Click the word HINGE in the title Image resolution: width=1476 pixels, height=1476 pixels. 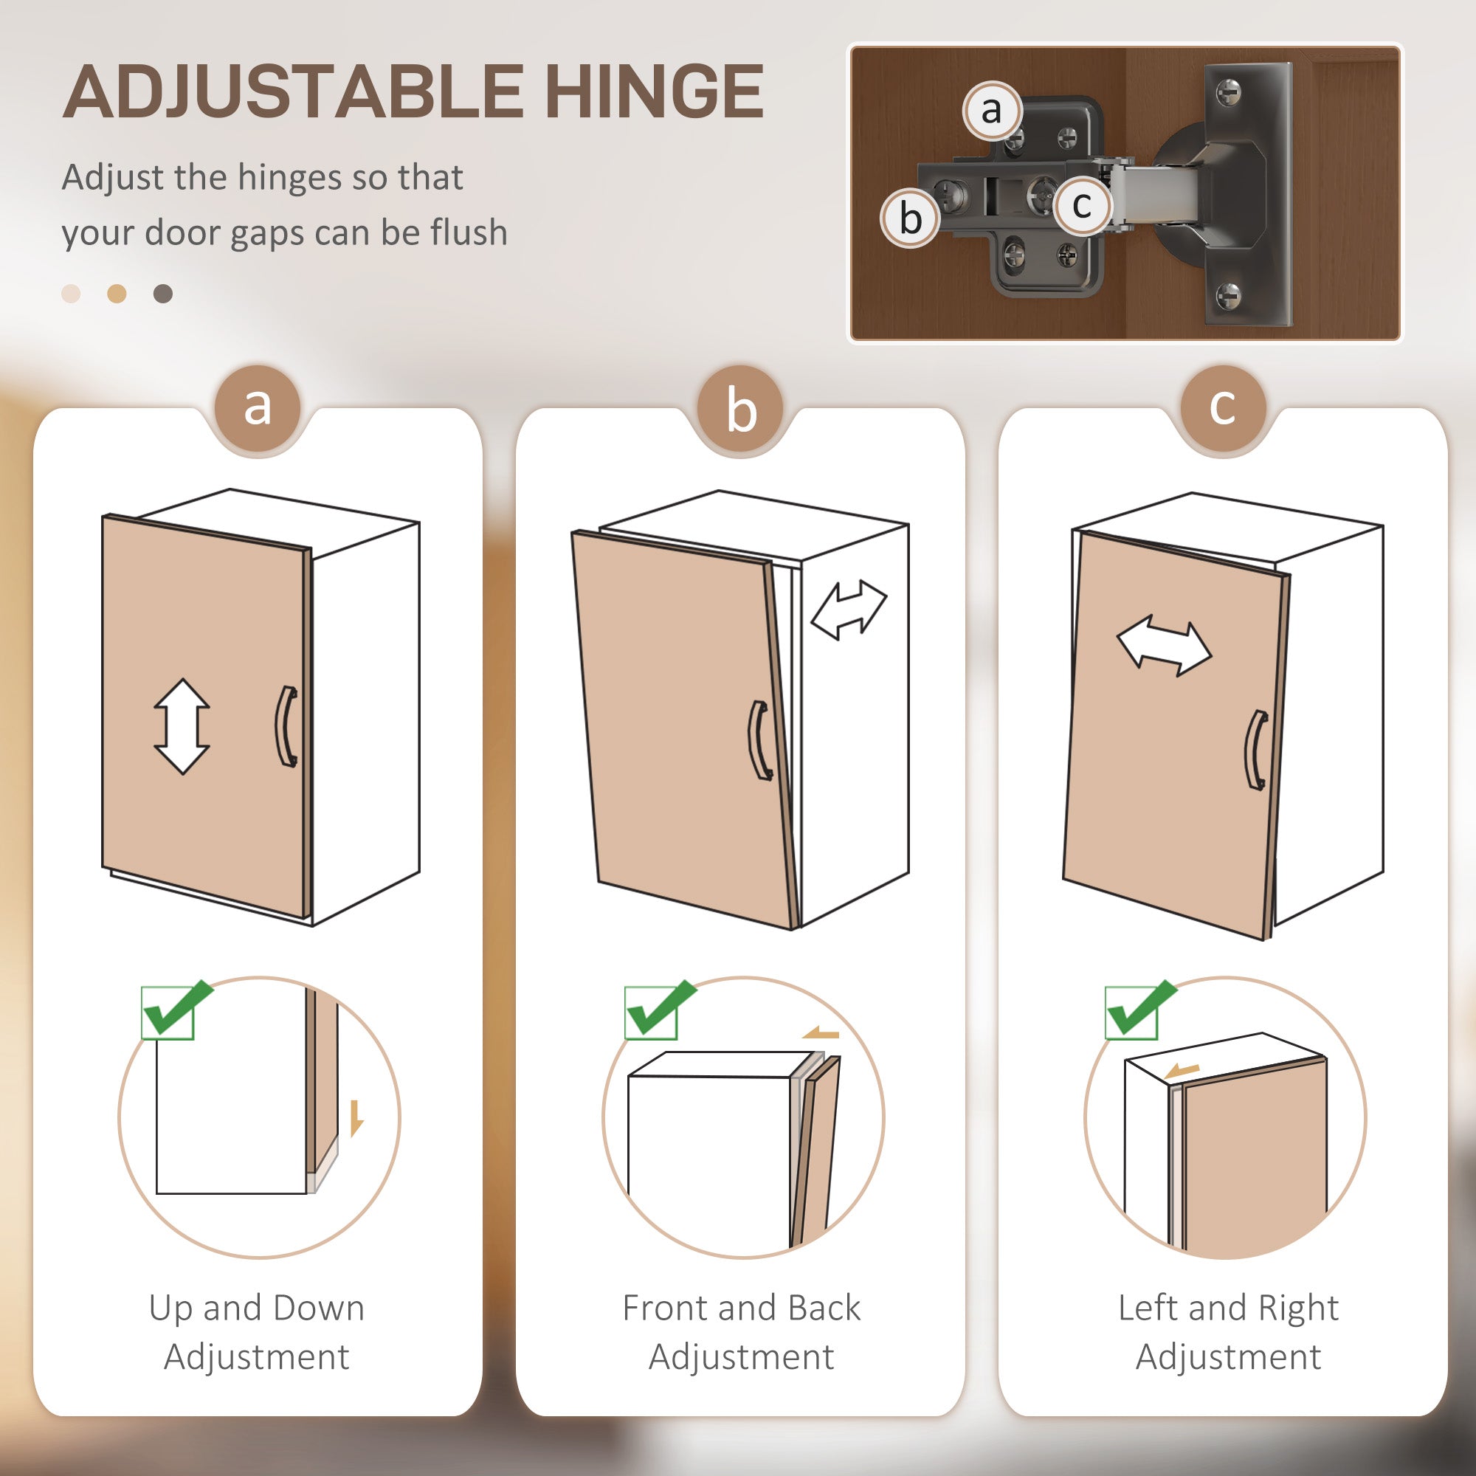(x=654, y=92)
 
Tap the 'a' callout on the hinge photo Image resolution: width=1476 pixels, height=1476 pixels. (x=992, y=111)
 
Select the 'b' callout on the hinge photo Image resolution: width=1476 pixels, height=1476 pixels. (x=910, y=218)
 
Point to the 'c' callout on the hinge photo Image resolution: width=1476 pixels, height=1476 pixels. (x=1082, y=204)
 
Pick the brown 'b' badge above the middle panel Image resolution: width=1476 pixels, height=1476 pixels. (x=741, y=410)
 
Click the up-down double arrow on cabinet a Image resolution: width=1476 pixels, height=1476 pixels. (x=182, y=725)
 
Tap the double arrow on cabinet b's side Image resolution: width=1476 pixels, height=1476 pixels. (x=848, y=609)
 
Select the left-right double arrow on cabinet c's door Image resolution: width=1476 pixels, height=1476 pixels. (x=1165, y=648)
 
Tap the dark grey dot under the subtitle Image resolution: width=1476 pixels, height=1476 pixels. (x=162, y=294)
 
